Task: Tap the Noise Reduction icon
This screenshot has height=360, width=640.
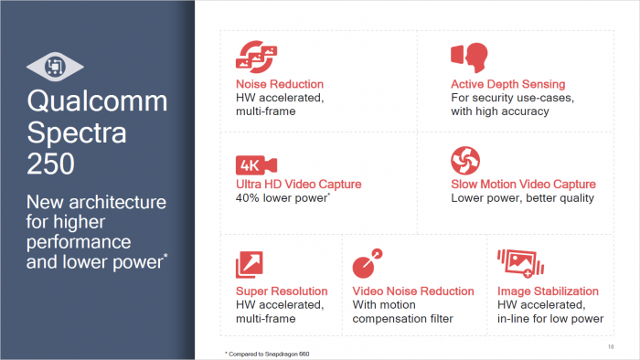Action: coord(252,55)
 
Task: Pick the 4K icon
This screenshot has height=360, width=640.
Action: coord(250,164)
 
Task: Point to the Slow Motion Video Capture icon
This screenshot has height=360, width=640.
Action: coord(465,160)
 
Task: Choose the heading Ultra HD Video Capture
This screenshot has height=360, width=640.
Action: coord(298,184)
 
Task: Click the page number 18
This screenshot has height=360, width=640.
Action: coord(610,346)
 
